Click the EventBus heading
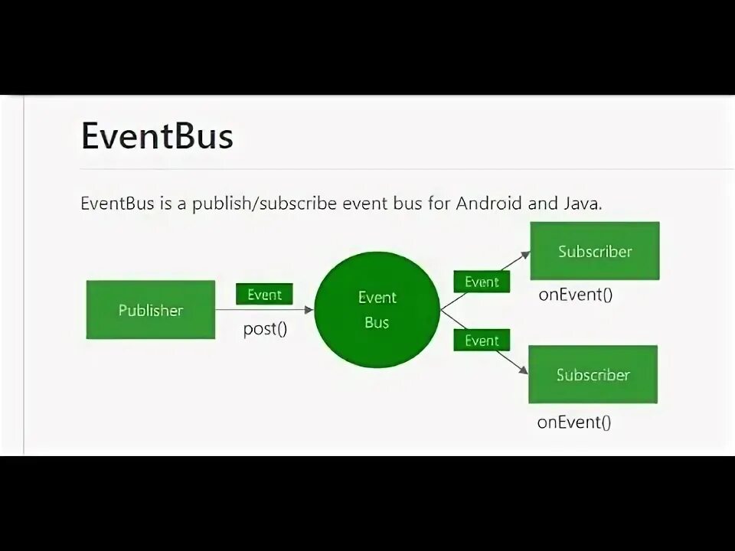156,136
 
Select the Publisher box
150,310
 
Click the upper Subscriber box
594,251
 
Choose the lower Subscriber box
593,374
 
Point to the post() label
265,330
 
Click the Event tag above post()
264,295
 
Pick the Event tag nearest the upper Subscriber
482,282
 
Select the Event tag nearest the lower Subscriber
482,341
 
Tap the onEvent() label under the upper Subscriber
575,295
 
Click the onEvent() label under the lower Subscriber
573,422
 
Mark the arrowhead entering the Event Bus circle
309,310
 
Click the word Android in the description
488,204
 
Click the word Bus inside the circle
377,322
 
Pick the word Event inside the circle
377,297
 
